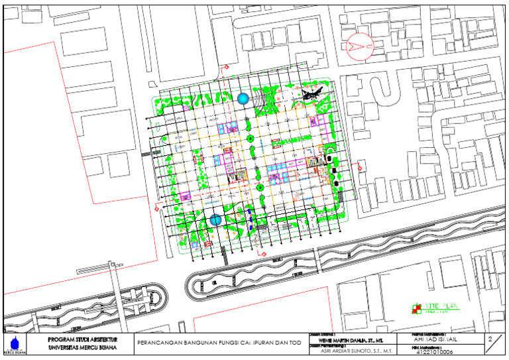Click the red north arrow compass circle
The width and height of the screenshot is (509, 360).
pos(361,44)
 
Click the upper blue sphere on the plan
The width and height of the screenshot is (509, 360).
pos(243,99)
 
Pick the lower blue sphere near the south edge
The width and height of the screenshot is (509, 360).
pos(215,220)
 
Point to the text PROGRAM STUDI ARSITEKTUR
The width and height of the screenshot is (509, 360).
pos(78,339)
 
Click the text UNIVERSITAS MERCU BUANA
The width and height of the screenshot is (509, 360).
pos(78,347)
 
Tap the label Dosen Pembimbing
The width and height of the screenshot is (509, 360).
pos(327,345)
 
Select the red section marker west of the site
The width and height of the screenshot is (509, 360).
pos(156,208)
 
